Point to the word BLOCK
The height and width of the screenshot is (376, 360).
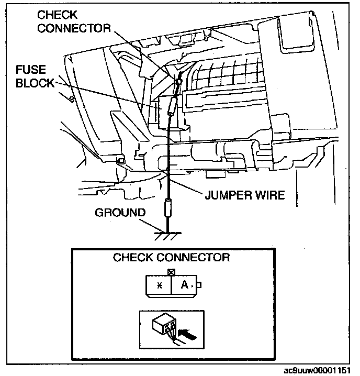click(35, 83)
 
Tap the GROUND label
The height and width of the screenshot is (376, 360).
click(120, 213)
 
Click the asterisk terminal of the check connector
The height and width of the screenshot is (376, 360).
click(160, 286)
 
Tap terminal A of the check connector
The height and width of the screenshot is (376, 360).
click(184, 285)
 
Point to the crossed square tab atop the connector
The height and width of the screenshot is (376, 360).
click(171, 272)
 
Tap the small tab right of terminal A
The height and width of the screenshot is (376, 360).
click(199, 286)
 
